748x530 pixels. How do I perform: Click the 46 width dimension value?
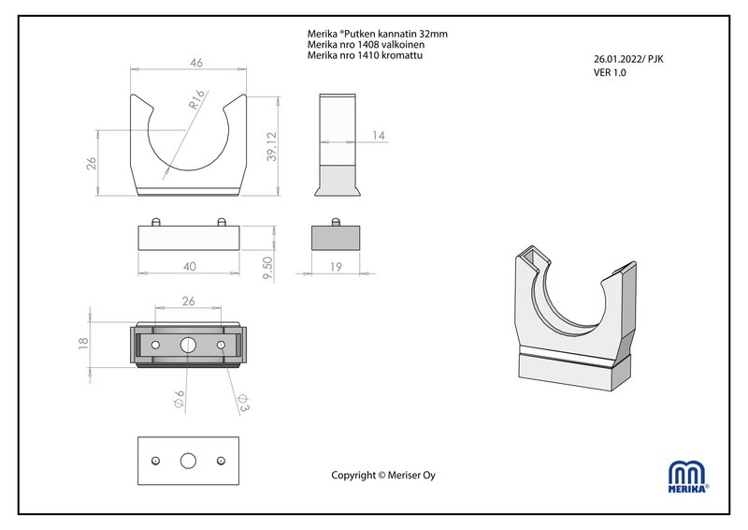[x=196, y=63]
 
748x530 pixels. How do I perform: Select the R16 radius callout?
[x=196, y=99]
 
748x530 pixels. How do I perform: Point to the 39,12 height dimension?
[x=271, y=147]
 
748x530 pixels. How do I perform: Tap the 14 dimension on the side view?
[x=379, y=136]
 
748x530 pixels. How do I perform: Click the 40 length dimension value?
[x=190, y=267]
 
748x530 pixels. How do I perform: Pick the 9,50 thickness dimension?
[x=267, y=269]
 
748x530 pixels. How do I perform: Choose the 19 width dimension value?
[x=336, y=267]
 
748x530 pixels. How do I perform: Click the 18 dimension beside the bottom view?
[x=83, y=343]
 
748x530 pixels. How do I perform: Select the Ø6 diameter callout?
[x=179, y=399]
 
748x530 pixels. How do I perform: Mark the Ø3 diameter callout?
[x=243, y=403]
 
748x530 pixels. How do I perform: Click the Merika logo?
[x=688, y=477]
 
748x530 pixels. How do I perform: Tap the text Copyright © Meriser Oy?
[x=383, y=475]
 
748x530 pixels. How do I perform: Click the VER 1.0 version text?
[x=610, y=73]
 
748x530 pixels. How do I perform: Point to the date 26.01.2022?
[x=618, y=59]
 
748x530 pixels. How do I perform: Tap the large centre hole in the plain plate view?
[x=188, y=461]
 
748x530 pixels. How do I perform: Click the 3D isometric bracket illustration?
[x=576, y=317]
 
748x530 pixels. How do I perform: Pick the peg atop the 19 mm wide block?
[x=336, y=222]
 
